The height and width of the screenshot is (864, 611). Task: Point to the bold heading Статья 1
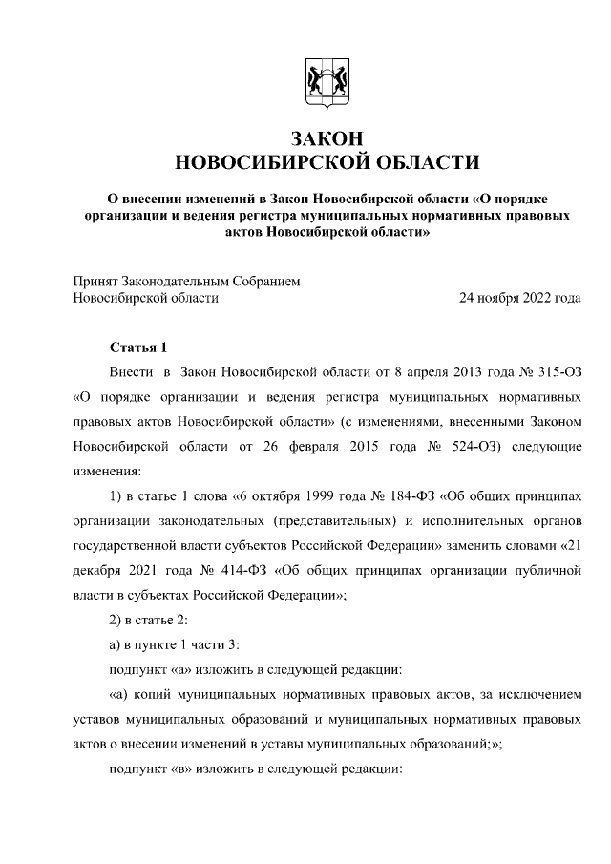click(138, 347)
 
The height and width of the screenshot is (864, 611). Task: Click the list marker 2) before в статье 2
click(116, 621)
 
